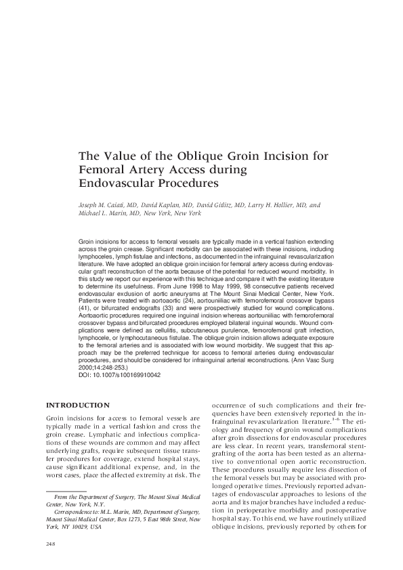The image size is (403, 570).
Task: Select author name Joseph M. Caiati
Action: [x=107, y=204]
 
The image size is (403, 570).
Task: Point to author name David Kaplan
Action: [x=169, y=204]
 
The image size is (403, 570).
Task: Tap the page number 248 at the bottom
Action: [x=51, y=543]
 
